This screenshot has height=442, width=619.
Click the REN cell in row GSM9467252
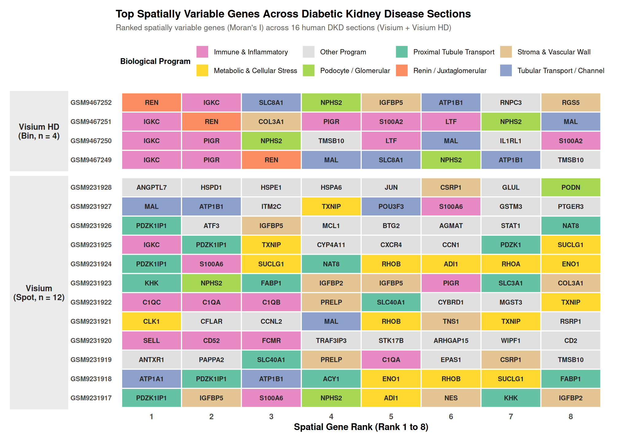click(x=151, y=103)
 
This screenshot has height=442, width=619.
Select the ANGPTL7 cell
click(x=151, y=188)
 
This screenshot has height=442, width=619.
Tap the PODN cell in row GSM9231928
click(x=570, y=188)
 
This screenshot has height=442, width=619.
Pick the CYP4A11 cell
click(x=331, y=245)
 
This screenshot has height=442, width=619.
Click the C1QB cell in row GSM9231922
click(x=271, y=302)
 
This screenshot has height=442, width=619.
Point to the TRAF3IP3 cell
click(x=331, y=341)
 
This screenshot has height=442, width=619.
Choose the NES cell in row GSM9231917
click(x=451, y=398)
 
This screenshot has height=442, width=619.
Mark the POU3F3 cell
click(x=391, y=207)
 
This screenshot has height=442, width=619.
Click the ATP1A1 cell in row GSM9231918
click(x=151, y=379)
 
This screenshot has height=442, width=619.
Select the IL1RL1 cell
click(x=511, y=141)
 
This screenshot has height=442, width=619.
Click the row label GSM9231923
click(x=91, y=283)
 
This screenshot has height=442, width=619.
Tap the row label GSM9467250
click(x=91, y=141)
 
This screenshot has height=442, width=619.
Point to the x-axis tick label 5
click(x=391, y=417)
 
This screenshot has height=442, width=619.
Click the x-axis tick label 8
click(x=570, y=417)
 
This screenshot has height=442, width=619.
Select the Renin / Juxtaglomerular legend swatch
click(x=402, y=70)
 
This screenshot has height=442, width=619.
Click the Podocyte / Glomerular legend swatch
click(x=309, y=70)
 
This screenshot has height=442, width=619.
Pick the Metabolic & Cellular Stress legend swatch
click(x=202, y=70)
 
